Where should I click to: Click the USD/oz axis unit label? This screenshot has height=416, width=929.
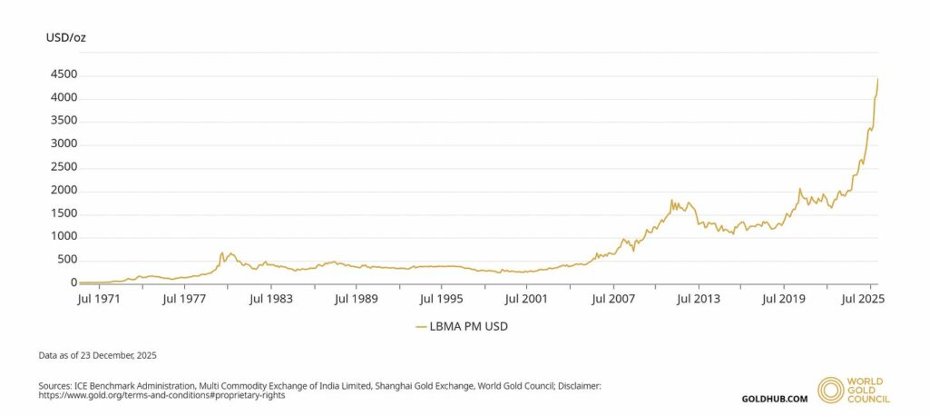coord(66,37)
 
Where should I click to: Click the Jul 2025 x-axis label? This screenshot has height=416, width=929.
coord(863,297)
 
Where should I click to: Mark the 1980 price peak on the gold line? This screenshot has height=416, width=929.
coord(221,252)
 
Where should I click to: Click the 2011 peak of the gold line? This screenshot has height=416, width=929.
coord(671,200)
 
